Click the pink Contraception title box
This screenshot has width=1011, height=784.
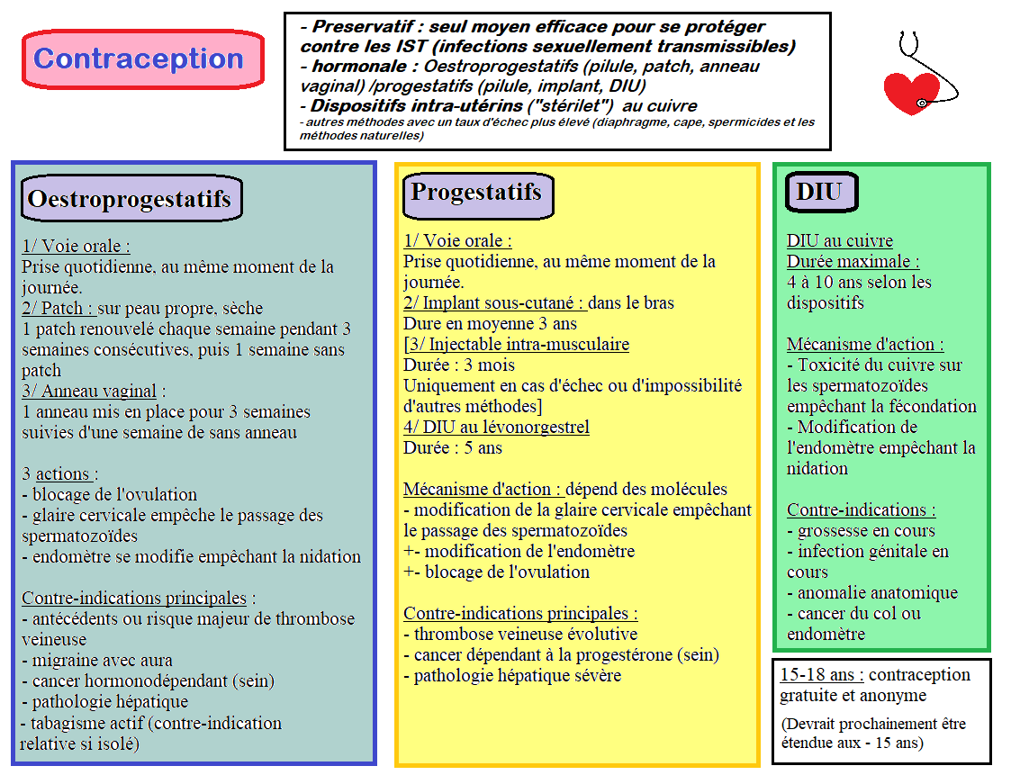click(142, 59)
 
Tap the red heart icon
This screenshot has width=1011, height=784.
click(910, 93)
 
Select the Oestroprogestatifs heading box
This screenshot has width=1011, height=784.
click(131, 198)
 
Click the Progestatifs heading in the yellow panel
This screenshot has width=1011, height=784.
click(476, 193)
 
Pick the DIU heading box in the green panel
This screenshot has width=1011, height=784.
click(819, 192)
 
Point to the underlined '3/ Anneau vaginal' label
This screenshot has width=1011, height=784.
click(89, 391)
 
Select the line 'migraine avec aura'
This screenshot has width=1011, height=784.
click(102, 660)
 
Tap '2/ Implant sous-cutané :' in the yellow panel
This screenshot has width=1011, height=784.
click(494, 302)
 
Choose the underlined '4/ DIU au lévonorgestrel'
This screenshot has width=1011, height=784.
click(496, 427)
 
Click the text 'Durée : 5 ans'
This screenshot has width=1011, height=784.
click(453, 447)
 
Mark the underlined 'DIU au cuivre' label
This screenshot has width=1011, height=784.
click(840, 240)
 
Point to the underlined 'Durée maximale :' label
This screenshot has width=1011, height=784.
click(853, 261)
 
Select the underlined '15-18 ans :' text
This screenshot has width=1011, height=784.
click(822, 675)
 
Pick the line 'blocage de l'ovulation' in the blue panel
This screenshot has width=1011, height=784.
click(114, 494)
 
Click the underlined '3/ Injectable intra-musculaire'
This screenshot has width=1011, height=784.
click(517, 344)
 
